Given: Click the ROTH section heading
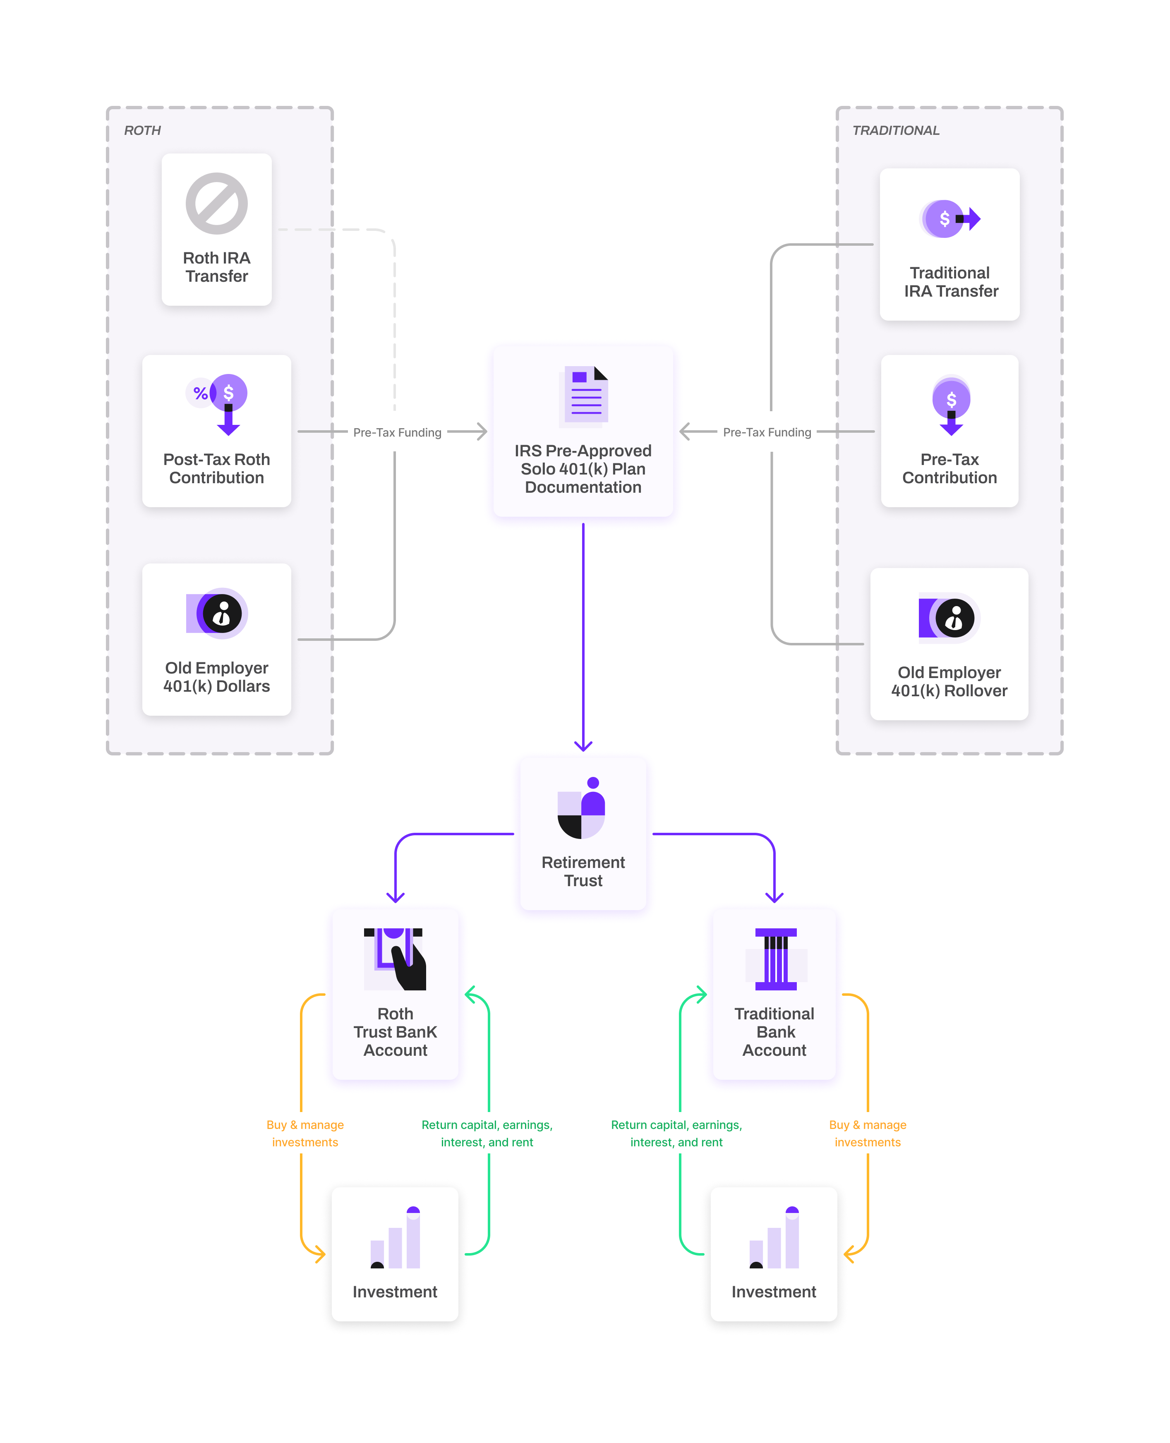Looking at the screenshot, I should point(142,130).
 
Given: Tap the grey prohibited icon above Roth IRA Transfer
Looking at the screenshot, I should point(216,204).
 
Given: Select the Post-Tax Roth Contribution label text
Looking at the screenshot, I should point(216,468).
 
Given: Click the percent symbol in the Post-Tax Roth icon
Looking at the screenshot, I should point(200,393).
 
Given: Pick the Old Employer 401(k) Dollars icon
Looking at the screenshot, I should point(217,614).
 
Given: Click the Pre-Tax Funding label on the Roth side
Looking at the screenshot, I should point(397,432).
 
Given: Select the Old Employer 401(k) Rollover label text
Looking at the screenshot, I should point(949,681).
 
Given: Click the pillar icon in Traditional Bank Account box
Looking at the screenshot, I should point(776,959).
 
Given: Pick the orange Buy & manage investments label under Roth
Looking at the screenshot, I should point(304,1133).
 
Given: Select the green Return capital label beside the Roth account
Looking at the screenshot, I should point(487,1133).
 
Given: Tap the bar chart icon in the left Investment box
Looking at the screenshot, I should point(396,1238).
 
